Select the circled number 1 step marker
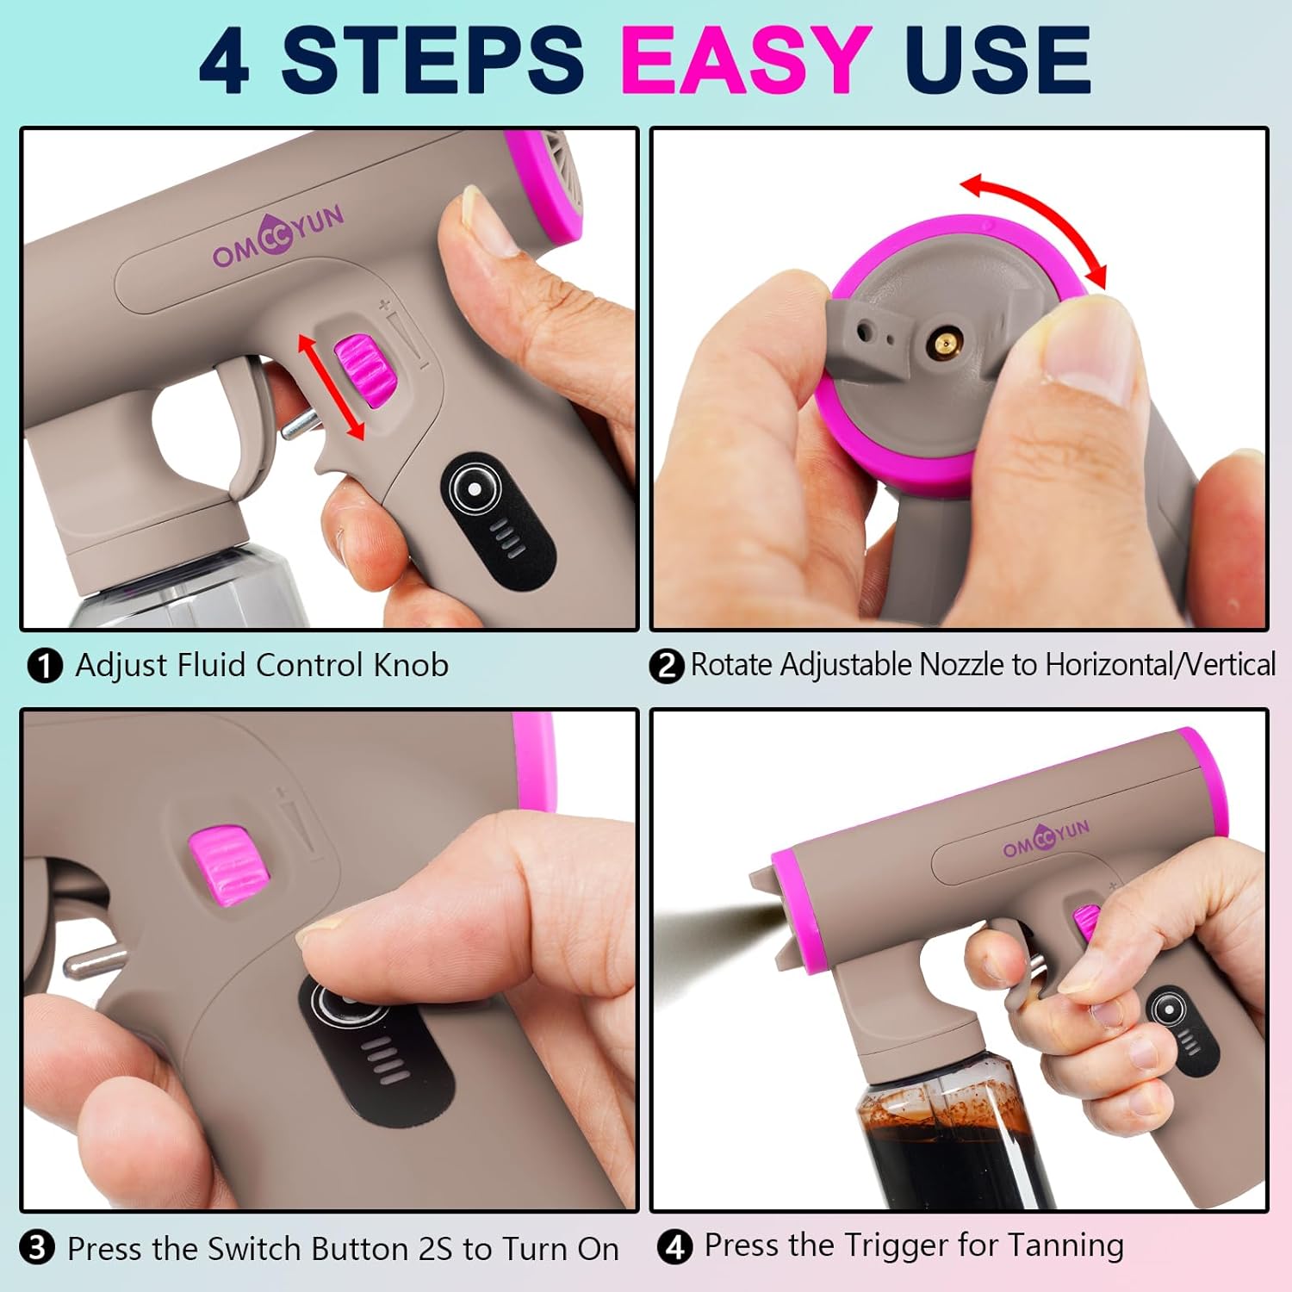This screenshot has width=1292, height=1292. tap(45, 666)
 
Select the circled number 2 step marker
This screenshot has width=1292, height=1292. tap(667, 666)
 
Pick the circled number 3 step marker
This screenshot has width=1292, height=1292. tap(37, 1248)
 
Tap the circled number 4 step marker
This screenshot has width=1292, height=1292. tap(674, 1246)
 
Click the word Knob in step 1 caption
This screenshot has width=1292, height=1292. tap(411, 665)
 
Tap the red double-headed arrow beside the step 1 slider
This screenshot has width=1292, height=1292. tap(331, 387)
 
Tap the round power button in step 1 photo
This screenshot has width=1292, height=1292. tap(475, 489)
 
